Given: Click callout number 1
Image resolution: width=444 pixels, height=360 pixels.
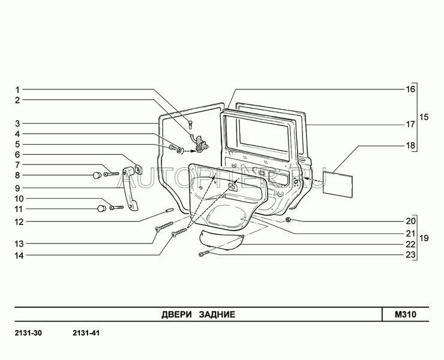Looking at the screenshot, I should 18,89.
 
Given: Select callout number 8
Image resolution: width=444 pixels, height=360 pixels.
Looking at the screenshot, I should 18,175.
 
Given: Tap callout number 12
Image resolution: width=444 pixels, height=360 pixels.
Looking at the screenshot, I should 19,221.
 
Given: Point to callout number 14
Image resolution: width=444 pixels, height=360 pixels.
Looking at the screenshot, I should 19,256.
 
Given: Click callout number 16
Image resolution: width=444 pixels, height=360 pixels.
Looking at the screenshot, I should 410,89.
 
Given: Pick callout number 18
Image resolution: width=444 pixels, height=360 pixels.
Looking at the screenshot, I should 410,146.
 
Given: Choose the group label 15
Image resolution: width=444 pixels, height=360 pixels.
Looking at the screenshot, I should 425,117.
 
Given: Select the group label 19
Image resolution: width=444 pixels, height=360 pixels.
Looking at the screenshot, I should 425,238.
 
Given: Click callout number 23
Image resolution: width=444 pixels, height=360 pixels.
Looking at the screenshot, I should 410,255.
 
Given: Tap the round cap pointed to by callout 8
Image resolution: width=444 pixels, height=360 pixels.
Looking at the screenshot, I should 95,175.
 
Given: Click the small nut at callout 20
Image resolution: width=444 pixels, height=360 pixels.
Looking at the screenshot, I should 289,220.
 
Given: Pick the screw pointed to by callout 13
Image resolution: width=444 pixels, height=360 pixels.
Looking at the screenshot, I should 161,228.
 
